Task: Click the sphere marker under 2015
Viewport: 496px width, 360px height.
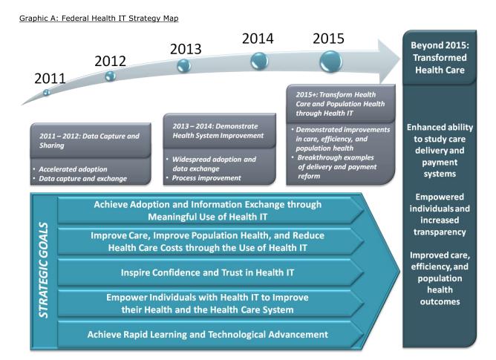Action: (328, 59)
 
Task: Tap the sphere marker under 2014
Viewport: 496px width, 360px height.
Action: (258, 60)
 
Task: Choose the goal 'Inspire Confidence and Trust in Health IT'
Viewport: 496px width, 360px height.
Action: (208, 272)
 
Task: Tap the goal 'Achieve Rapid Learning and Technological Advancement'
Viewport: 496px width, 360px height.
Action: (208, 333)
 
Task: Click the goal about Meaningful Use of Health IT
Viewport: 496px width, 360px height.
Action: (208, 211)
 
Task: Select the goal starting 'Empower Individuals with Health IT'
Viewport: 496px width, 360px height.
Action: (208, 303)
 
